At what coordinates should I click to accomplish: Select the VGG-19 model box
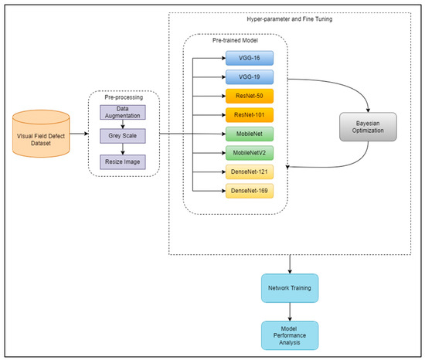[249, 78]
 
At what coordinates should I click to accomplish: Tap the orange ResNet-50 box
[249, 97]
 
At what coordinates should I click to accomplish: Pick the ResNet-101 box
[249, 116]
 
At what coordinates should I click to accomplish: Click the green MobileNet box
[249, 134]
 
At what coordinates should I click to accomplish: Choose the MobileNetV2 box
[249, 153]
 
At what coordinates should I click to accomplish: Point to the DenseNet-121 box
[249, 172]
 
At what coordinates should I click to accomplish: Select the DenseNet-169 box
[249, 190]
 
